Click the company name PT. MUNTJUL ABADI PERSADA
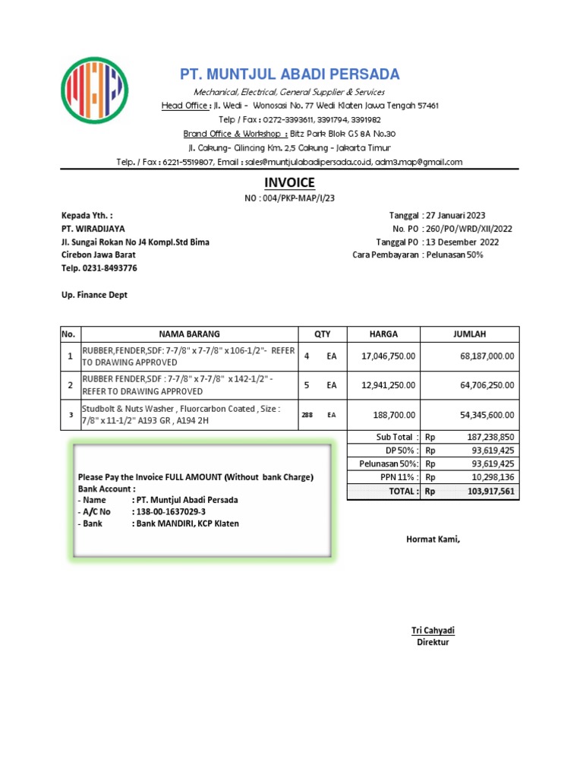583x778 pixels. click(x=289, y=74)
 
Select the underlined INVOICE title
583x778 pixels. click(x=288, y=183)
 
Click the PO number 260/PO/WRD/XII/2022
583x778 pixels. click(x=469, y=229)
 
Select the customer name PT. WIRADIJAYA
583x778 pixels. click(x=93, y=229)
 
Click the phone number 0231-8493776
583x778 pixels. click(x=111, y=268)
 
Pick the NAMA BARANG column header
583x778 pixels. click(x=188, y=334)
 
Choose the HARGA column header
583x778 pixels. click(x=383, y=334)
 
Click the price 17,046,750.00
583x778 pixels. click(x=389, y=356)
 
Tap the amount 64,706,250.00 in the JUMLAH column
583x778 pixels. click(x=481, y=385)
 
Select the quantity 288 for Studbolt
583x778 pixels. click(x=307, y=415)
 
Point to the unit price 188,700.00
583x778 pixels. click(x=392, y=415)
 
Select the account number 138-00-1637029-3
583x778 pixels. click(x=172, y=512)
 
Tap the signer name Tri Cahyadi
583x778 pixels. click(x=433, y=631)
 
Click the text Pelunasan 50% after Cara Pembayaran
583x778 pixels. click(x=454, y=255)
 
